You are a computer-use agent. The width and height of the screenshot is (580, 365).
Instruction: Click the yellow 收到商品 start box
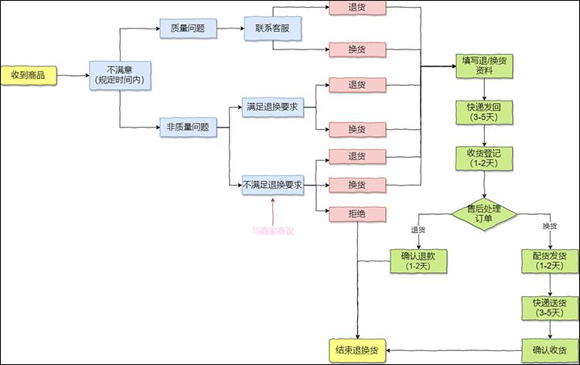(28, 75)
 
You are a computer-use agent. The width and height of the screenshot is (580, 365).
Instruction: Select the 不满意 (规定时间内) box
(120, 75)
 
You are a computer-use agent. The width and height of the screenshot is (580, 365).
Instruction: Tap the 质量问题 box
(189, 29)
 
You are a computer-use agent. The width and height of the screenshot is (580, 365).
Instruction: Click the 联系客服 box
(273, 29)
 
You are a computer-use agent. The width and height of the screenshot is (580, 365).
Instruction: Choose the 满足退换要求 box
(273, 106)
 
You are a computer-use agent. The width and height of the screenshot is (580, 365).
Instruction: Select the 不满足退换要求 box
(273, 186)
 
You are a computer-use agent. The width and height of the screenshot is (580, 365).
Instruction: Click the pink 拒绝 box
(357, 213)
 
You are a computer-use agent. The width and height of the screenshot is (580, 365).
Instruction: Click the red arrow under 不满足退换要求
(273, 209)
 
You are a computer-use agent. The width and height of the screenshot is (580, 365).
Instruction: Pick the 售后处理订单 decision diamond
(485, 214)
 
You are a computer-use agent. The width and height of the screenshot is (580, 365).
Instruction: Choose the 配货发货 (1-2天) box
(550, 261)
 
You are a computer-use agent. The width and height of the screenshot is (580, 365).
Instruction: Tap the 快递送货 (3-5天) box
(550, 307)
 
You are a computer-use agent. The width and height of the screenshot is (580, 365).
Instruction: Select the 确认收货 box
(550, 350)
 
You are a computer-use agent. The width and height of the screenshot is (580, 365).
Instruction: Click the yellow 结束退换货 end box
(357, 350)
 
